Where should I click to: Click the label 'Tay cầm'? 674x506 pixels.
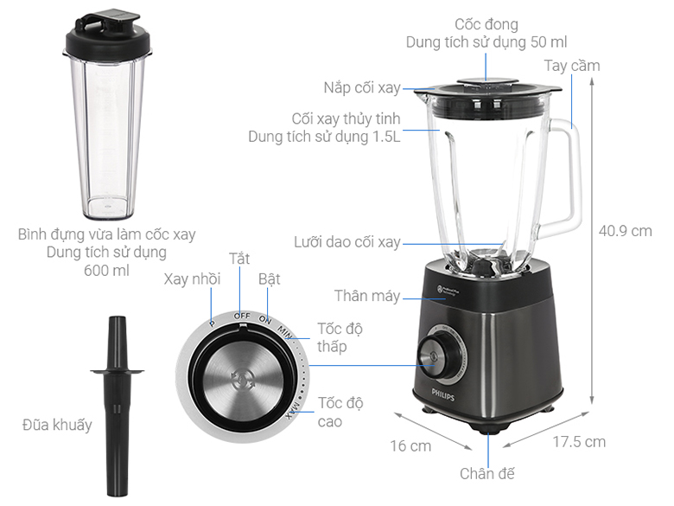click(x=571, y=66)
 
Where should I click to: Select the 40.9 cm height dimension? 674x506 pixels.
click(x=625, y=231)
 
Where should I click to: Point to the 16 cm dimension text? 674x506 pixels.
click(x=410, y=446)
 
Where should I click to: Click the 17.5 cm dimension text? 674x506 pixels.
click(x=579, y=442)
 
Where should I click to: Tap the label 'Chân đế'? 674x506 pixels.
click(x=486, y=474)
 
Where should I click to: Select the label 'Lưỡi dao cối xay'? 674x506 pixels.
click(x=347, y=242)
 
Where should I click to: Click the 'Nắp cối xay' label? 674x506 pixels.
click(x=362, y=87)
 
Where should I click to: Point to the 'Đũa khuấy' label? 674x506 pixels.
click(x=57, y=425)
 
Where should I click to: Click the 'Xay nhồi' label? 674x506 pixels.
click(x=193, y=279)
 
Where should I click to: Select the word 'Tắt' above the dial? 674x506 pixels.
click(x=239, y=259)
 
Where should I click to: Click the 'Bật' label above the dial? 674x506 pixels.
click(x=269, y=279)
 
